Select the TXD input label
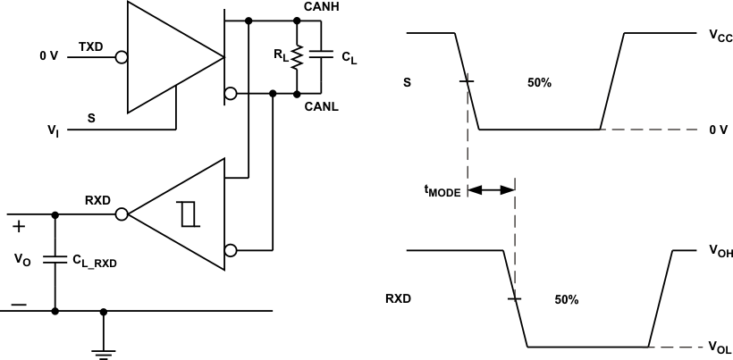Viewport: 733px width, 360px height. pos(90,46)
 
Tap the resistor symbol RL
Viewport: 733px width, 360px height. pos(297,56)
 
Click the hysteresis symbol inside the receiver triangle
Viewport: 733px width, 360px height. pos(187,214)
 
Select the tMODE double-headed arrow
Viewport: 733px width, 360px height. pos(491,189)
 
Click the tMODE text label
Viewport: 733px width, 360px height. pos(442,190)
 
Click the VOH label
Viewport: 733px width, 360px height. pos(720,253)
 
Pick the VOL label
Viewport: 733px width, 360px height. pos(720,347)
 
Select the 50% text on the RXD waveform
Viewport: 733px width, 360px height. pos(566,300)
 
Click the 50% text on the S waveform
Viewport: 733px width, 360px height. pos(539,82)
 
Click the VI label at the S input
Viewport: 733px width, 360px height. pos(53,130)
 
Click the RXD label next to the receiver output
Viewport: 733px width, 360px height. pos(97,200)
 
